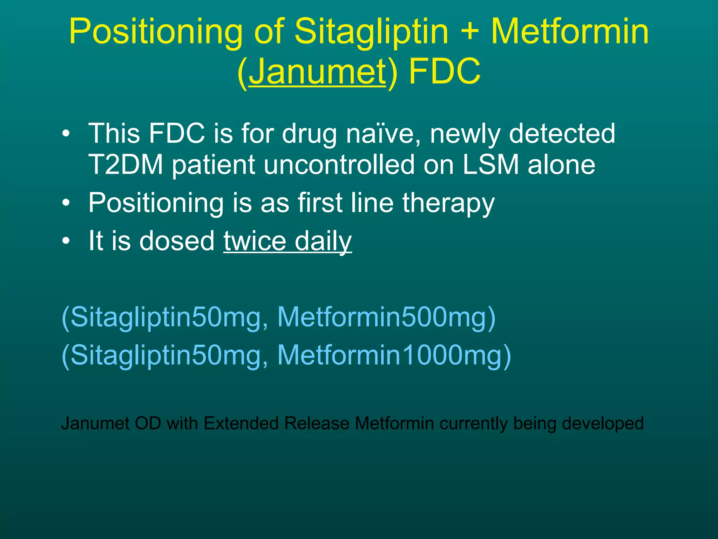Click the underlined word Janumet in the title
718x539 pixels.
(317, 72)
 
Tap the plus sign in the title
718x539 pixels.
(469, 32)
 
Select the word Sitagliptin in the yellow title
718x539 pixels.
(372, 32)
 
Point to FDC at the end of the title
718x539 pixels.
(445, 72)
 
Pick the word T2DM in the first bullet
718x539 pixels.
(126, 165)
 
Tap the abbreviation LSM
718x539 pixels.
(490, 165)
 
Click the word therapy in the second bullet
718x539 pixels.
(448, 204)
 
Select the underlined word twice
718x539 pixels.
(255, 241)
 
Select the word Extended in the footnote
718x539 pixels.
(241, 423)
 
